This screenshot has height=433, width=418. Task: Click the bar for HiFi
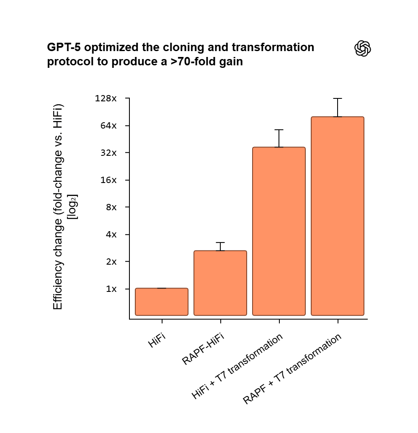(x=161, y=302)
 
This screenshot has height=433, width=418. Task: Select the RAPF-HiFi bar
(x=220, y=283)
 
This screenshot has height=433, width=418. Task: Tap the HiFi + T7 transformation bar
(x=279, y=231)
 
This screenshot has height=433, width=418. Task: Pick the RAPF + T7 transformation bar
(x=338, y=216)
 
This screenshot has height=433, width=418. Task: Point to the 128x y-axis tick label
(x=106, y=99)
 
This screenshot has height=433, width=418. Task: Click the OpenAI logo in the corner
(x=363, y=49)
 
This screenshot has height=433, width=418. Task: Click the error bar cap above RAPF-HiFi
(x=220, y=242)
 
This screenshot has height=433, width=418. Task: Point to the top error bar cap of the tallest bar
(x=338, y=98)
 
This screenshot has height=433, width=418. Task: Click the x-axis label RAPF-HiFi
(x=204, y=349)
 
